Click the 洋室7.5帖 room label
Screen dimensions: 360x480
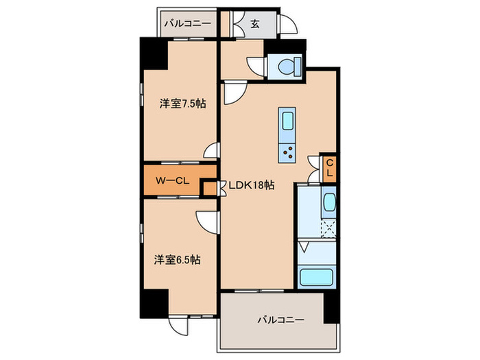coord(183,104)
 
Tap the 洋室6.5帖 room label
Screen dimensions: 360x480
coord(177,260)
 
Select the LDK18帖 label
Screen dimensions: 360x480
coord(251,185)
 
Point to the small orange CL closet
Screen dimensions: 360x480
coord(329,167)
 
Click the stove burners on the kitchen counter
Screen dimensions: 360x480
coord(287,152)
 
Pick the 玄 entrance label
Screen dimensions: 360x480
coord(254,24)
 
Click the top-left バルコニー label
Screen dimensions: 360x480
coord(187,24)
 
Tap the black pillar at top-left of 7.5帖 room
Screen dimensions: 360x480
coord(153,55)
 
